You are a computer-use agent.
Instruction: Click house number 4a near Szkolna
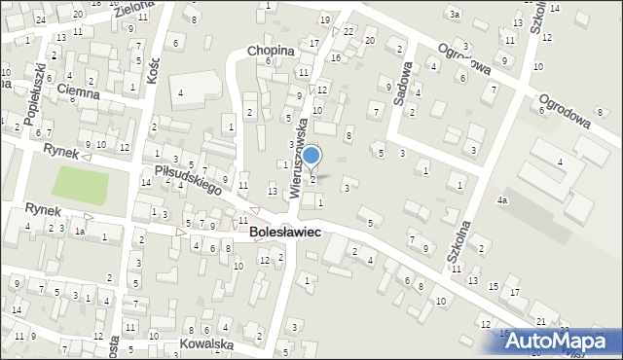click(x=502, y=199)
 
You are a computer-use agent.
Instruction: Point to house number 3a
click(x=454, y=14)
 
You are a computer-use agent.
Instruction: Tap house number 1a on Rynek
click(x=81, y=232)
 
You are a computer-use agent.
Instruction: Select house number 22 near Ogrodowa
click(x=348, y=31)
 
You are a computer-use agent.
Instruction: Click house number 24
click(x=40, y=19)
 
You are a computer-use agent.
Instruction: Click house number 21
click(x=540, y=321)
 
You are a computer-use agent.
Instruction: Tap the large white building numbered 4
click(x=182, y=93)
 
